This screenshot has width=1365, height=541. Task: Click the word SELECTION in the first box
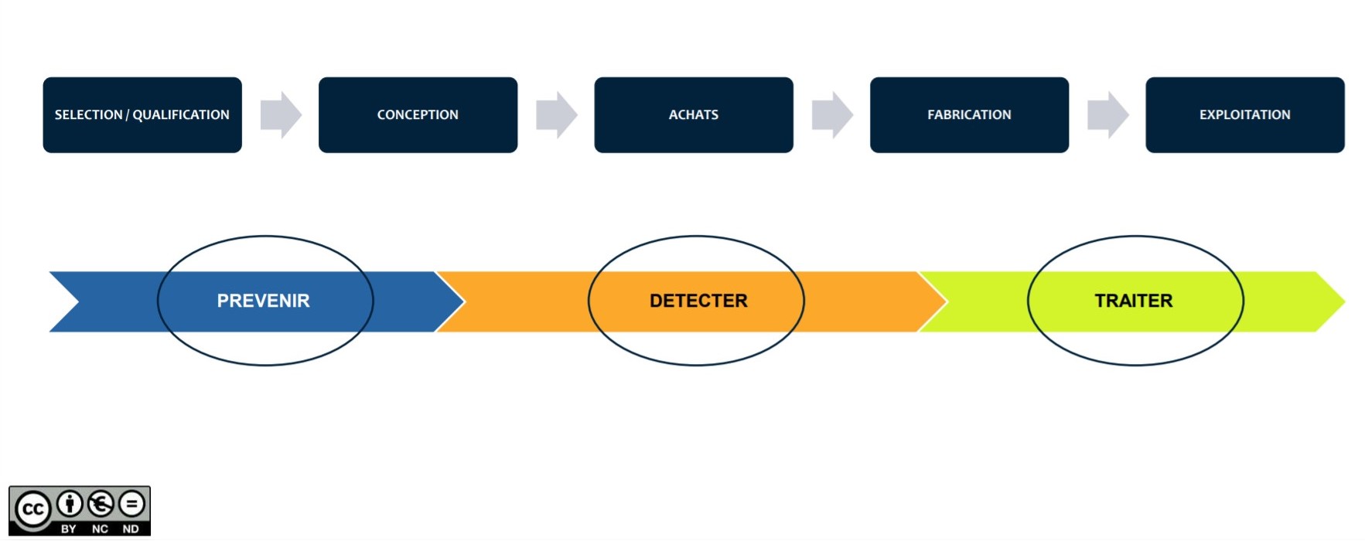pyautogui.click(x=88, y=114)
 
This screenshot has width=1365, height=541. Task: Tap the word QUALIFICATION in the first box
pyautogui.click(x=181, y=114)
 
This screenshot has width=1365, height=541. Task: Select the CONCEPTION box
pyautogui.click(x=418, y=114)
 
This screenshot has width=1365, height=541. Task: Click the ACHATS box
pyautogui.click(x=694, y=114)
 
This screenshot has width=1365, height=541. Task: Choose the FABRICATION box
pyautogui.click(x=969, y=114)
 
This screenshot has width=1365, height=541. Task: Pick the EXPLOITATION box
pyautogui.click(x=1245, y=114)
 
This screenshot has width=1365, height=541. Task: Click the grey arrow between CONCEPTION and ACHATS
pyautogui.click(x=557, y=115)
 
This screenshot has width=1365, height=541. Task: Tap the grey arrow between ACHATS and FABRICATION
pyautogui.click(x=832, y=115)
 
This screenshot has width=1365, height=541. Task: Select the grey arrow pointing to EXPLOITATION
pyautogui.click(x=1108, y=115)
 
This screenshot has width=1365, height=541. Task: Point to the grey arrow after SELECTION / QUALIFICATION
pyautogui.click(x=281, y=115)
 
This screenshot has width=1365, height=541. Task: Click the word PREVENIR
pyautogui.click(x=263, y=301)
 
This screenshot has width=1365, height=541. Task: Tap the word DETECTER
pyautogui.click(x=698, y=301)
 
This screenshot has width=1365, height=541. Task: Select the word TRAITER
pyautogui.click(x=1134, y=301)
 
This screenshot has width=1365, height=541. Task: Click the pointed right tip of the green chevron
pyautogui.click(x=1345, y=301)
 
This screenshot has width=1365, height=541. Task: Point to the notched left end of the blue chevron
pyautogui.click(x=78, y=301)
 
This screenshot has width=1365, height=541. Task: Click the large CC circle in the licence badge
pyautogui.click(x=32, y=510)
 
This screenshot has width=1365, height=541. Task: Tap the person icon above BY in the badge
pyautogui.click(x=70, y=504)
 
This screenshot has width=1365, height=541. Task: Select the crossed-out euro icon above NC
pyautogui.click(x=101, y=504)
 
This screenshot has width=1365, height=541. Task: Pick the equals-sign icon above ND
pyautogui.click(x=131, y=504)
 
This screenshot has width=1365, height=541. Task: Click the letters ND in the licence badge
pyautogui.click(x=131, y=529)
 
